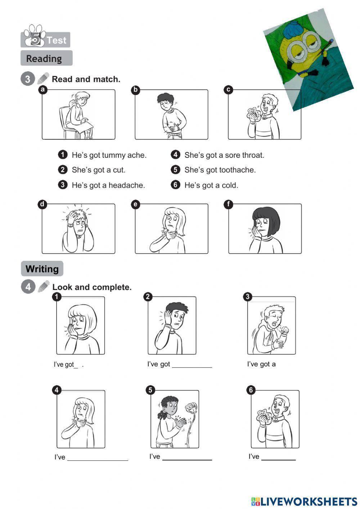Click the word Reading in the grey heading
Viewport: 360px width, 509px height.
pos(44,59)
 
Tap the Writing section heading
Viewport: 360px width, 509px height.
pos(42,269)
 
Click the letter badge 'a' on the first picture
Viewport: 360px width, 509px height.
pos(42,90)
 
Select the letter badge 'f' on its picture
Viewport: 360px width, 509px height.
pos(228,204)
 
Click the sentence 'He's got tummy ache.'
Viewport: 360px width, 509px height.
pos(109,155)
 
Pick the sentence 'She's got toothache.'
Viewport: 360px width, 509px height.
pos(220,170)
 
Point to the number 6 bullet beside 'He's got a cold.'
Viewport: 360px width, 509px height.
pos(175,185)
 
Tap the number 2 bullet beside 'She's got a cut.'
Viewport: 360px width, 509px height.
pos(63,170)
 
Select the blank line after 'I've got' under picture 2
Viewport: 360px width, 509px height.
pos(192,367)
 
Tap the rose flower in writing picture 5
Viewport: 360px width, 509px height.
pos(191,407)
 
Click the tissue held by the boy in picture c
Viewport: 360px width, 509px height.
pos(253,113)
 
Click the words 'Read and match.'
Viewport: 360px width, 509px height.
pos(86,79)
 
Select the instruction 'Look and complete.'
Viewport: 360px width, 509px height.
pos(92,287)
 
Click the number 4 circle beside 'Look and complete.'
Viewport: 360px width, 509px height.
pos(28,286)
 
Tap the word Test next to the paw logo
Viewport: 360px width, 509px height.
pos(57,40)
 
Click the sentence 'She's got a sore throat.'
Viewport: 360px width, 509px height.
pos(224,155)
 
